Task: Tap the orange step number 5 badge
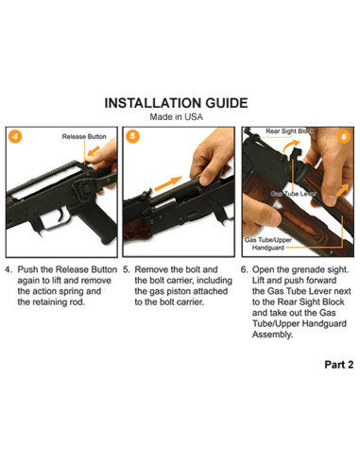pyautogui.click(x=132, y=135)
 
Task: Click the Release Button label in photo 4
pyautogui.click(x=85, y=137)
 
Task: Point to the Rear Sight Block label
pyautogui.click(x=294, y=130)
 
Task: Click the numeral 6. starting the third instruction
pyautogui.click(x=245, y=269)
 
